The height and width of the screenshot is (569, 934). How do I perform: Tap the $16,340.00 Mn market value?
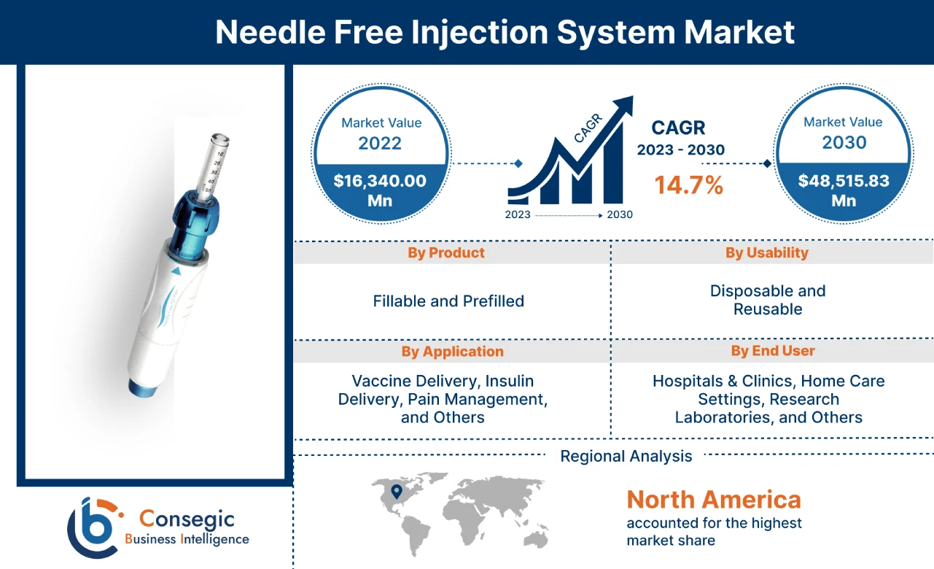tap(380, 190)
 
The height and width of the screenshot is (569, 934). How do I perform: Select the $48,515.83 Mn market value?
tap(844, 190)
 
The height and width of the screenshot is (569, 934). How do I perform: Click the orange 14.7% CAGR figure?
tap(688, 185)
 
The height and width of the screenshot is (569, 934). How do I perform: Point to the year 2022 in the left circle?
tap(380, 142)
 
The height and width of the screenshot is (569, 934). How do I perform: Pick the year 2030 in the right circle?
tap(844, 142)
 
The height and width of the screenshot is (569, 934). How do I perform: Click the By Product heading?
tap(446, 253)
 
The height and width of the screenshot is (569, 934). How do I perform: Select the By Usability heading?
tap(767, 252)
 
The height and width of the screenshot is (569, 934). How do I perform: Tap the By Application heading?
tap(452, 352)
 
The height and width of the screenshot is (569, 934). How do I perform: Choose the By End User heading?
tap(773, 351)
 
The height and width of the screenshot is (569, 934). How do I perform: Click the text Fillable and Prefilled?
tap(448, 301)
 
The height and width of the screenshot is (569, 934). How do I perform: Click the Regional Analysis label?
tap(626, 457)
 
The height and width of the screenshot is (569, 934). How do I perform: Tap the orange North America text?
tap(714, 500)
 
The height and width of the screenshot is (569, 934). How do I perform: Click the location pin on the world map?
tap(396, 492)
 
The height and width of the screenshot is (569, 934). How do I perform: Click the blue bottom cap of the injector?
tap(140, 387)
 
